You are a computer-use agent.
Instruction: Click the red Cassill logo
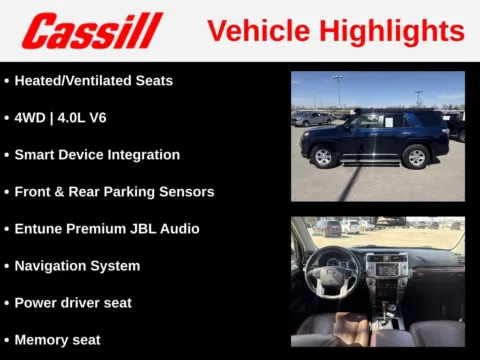92,30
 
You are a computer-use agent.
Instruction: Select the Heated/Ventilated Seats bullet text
93,81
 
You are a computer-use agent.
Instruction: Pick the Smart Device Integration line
97,155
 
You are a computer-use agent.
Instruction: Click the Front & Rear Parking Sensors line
114,191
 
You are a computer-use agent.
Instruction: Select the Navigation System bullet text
77,266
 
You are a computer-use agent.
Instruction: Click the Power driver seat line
73,302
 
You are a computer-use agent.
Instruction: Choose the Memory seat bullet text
57,339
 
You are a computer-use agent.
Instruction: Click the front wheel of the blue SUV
323,157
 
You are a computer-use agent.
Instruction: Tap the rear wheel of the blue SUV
414,156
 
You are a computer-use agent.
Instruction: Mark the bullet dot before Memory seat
7,339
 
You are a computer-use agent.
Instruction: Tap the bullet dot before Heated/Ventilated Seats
7,81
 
